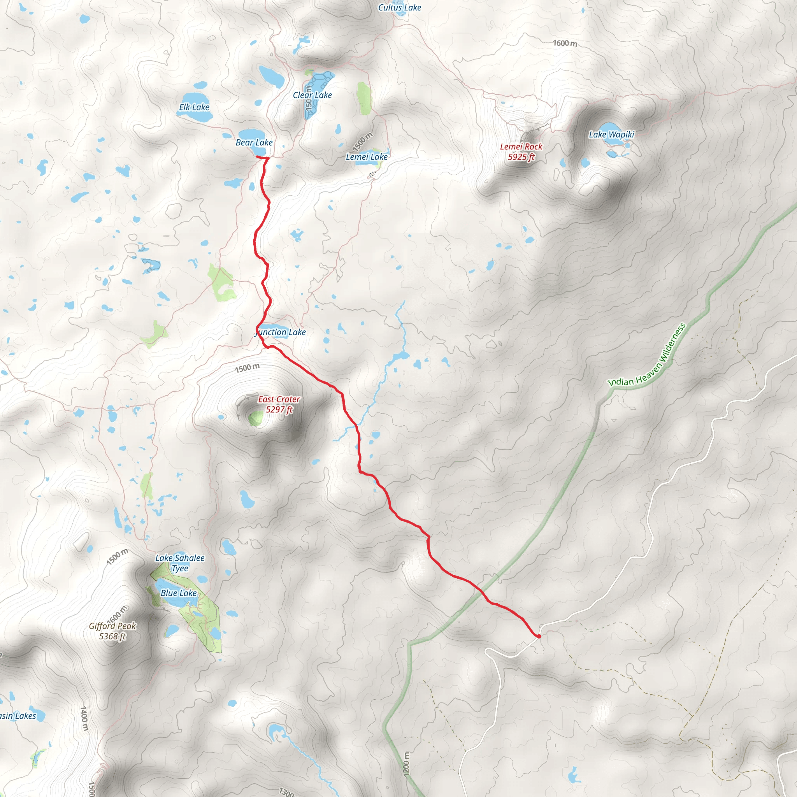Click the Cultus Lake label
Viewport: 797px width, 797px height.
399,7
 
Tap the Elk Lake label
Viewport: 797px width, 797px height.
194,107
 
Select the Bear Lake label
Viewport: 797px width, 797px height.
254,142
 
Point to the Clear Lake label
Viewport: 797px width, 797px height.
312,95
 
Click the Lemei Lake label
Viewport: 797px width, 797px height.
366,157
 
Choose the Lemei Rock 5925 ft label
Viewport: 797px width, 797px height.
521,151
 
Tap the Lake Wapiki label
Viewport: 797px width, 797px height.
611,135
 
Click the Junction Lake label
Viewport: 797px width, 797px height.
281,332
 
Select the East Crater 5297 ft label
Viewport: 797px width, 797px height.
279,404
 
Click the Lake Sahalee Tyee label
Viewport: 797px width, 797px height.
180,563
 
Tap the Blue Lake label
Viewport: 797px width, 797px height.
179,593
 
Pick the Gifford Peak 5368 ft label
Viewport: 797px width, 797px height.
112,631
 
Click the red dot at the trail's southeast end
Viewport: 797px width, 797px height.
539,637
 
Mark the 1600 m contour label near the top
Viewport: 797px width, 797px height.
565,43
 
